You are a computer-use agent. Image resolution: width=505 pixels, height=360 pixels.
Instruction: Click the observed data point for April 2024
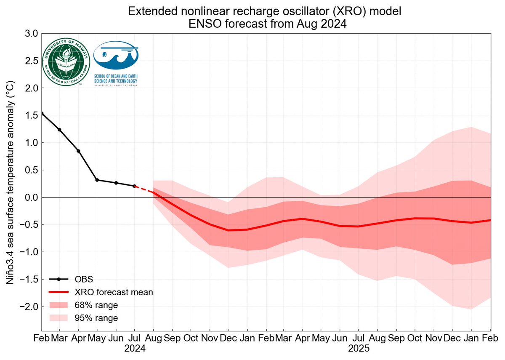click(x=78, y=151)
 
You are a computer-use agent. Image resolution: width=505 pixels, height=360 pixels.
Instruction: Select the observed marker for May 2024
click(x=97, y=180)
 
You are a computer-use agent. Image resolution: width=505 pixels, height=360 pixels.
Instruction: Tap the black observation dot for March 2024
click(x=59, y=130)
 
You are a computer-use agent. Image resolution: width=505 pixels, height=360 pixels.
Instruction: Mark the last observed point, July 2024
click(x=135, y=186)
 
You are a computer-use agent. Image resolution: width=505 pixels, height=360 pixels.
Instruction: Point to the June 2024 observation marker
click(x=116, y=183)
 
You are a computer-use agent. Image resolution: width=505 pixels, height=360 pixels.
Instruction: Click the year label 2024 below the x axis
click(x=135, y=349)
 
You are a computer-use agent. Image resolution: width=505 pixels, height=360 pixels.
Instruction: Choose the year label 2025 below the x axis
click(x=359, y=349)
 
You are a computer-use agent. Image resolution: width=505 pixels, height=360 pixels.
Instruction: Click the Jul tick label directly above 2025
click(x=359, y=338)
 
